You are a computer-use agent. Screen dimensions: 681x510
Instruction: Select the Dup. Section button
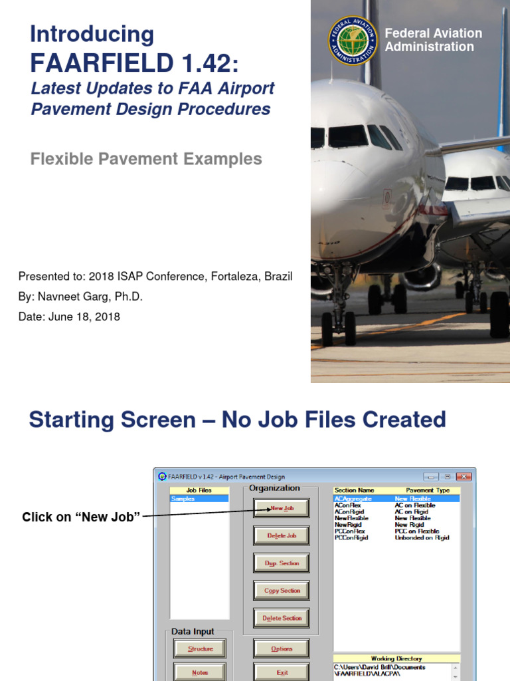(x=282, y=563)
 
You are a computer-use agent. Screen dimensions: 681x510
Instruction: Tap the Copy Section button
(x=282, y=591)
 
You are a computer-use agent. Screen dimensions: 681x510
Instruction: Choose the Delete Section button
(x=282, y=618)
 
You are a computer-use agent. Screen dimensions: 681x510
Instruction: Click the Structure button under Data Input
(x=200, y=649)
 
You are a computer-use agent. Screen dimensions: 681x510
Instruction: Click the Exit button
(x=282, y=672)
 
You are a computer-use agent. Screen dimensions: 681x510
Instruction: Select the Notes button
(x=200, y=672)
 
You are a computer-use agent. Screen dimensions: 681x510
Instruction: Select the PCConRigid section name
(x=351, y=537)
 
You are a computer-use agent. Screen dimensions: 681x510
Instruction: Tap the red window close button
(x=464, y=476)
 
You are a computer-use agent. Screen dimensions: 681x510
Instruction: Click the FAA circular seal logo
(x=353, y=41)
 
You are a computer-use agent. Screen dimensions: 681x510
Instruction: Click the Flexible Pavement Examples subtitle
(x=146, y=159)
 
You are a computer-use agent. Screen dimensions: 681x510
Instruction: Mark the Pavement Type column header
(x=428, y=490)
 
